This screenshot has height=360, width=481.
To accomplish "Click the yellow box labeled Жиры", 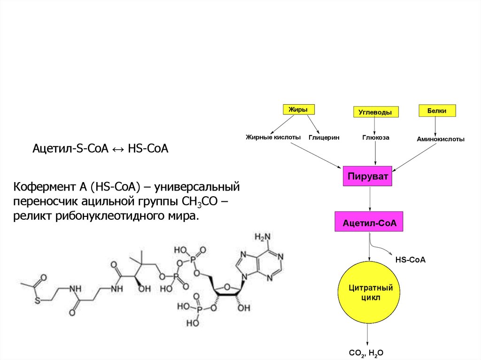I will (298, 109).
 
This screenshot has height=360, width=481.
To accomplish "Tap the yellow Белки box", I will (436, 110).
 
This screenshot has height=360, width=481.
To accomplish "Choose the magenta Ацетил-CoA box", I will (370, 222).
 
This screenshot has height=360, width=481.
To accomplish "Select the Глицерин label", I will (324, 138).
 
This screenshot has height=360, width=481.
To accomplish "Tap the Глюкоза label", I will (375, 138).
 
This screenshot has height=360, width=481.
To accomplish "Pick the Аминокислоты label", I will (441, 139).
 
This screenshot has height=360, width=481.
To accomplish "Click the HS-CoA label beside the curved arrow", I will (410, 259).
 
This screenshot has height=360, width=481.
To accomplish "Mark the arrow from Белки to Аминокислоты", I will (435, 125).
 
